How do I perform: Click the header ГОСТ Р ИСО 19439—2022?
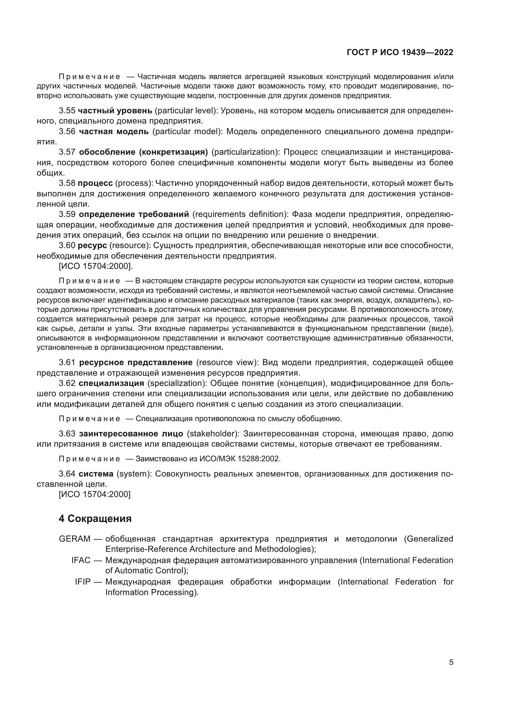click(x=400, y=53)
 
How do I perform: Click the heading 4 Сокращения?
click(x=95, y=519)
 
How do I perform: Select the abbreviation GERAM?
click(x=74, y=539)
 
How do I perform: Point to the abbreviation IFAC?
click(x=81, y=560)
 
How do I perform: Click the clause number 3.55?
click(x=67, y=111)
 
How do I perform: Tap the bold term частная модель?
click(x=114, y=131)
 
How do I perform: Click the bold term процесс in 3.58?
click(x=95, y=183)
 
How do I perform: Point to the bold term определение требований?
click(x=134, y=214)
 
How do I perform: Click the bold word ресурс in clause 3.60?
click(x=92, y=245)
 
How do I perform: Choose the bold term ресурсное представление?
click(x=136, y=362)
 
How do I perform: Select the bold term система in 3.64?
click(x=96, y=474)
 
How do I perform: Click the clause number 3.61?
click(x=67, y=362)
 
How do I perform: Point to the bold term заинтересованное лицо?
click(x=131, y=434)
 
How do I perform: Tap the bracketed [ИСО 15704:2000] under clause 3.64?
click(x=95, y=494)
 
